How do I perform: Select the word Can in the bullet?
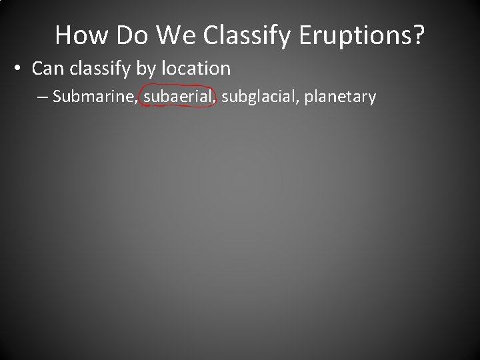pos(47,68)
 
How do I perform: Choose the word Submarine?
pos(94,97)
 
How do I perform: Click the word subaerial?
pos(178,97)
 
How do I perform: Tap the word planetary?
pos(340,98)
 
